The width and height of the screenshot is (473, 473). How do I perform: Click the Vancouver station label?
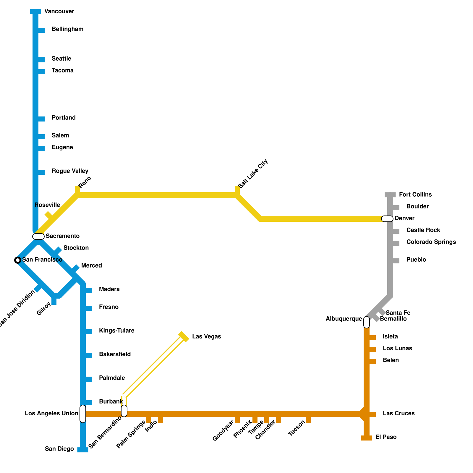coord(59,12)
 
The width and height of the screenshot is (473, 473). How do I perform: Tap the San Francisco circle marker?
coord(18,260)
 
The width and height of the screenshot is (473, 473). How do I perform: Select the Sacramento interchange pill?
coord(38,237)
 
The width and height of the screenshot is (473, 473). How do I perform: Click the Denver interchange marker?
coord(387,219)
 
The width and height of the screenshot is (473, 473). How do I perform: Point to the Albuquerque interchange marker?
coord(367,322)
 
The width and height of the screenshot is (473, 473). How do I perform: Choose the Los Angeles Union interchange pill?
coord(83,414)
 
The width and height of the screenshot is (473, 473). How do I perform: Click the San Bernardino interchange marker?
coord(124,411)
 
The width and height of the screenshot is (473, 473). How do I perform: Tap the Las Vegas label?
coord(206,337)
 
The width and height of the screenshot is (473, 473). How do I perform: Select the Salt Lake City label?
coord(253,174)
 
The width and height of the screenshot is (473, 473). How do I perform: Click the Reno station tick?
coord(77,189)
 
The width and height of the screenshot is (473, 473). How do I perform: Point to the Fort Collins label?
coord(415,195)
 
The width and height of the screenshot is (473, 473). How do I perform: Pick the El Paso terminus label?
coord(386,437)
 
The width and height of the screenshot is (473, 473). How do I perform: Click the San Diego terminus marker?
coord(83,450)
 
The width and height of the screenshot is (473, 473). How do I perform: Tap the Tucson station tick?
coord(308,420)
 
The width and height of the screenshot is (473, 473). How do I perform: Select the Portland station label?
coord(64,118)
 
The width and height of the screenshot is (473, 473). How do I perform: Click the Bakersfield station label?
coord(115,354)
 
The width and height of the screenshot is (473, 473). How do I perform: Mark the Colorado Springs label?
coord(431,242)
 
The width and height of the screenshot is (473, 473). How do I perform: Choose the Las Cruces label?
coord(399,414)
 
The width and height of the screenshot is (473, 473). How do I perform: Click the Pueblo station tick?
coord(396,261)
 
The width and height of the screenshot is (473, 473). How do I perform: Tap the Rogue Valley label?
coord(70,171)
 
